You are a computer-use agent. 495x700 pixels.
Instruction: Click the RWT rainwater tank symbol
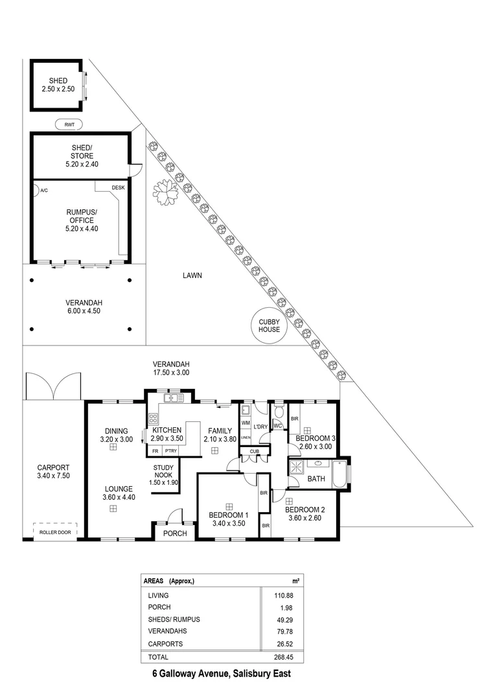click(69, 124)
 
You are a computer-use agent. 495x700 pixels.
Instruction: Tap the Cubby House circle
click(270, 325)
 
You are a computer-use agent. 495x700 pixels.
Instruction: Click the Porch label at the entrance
click(175, 533)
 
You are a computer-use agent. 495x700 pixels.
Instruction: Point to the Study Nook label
click(166, 474)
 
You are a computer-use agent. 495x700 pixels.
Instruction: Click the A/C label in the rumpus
click(44, 191)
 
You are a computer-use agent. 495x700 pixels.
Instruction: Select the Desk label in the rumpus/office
click(118, 187)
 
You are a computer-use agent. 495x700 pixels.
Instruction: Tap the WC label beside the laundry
click(277, 426)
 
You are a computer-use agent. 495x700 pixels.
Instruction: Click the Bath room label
click(317, 479)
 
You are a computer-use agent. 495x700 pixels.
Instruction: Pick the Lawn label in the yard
click(192, 275)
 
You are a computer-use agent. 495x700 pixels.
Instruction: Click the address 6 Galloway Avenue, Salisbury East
click(222, 673)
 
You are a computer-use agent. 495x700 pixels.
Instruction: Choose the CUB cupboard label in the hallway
click(255, 452)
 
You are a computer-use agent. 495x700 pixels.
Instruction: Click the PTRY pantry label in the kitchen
click(171, 450)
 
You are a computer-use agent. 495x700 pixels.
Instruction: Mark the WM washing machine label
click(245, 423)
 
